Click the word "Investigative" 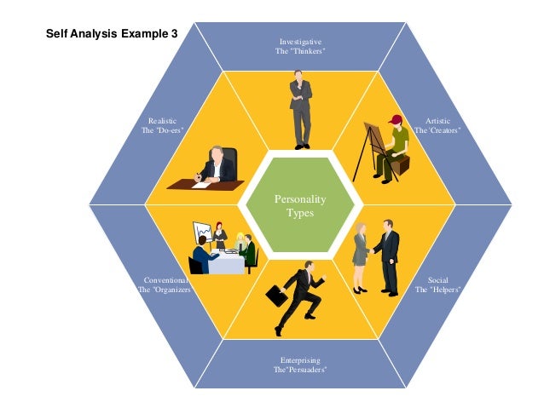[x=300, y=42]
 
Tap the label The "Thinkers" [x=300, y=52]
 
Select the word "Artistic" [x=438, y=120]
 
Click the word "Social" [x=438, y=279]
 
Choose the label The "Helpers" [x=438, y=290]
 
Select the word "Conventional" [x=165, y=279]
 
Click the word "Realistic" [x=162, y=120]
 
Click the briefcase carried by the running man [x=276, y=296]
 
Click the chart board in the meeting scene [x=203, y=232]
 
